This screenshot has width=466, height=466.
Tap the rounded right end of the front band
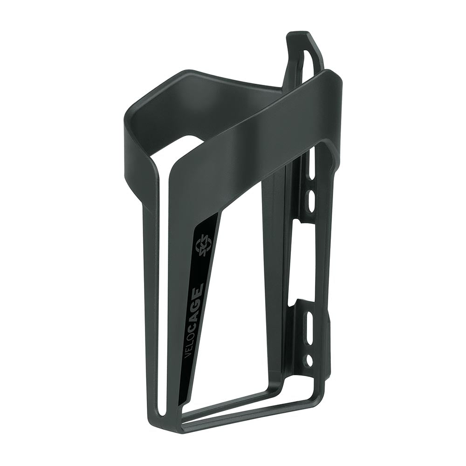pos(338,84)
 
